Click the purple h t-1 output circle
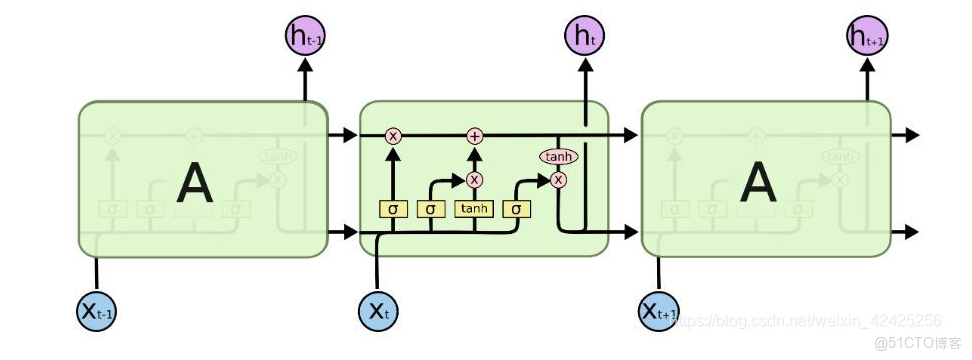pos(304,37)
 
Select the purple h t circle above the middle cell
pos(585,37)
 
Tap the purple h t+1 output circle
pos(866,37)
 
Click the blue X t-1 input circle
pos(97,311)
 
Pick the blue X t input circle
pos(379,311)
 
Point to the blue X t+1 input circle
pos(659,311)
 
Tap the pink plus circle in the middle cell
pos(474,135)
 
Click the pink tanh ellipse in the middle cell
pos(558,157)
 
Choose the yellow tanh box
pos(474,209)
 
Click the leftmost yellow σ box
pos(393,209)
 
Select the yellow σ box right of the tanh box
pos(516,209)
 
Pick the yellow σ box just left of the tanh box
pos(431,209)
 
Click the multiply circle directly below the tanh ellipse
pos(558,180)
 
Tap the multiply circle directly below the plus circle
pos(474,180)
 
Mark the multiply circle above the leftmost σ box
pos(393,135)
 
